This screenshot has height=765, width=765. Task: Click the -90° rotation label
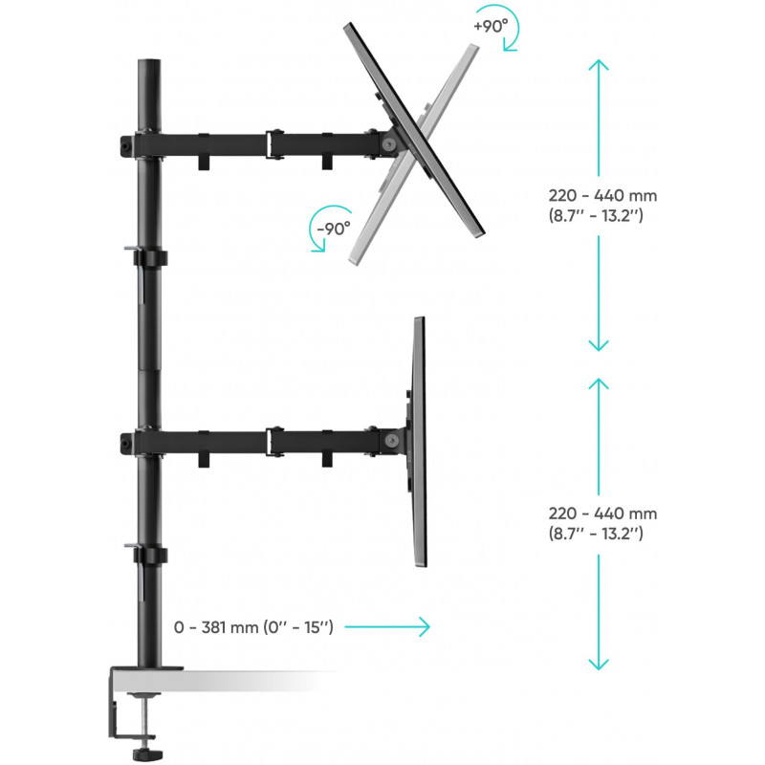click(334, 229)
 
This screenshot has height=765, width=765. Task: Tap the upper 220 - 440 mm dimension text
click(598, 206)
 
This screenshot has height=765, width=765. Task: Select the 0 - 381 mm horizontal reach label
click(253, 627)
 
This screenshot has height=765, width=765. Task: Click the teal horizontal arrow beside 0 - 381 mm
click(386, 627)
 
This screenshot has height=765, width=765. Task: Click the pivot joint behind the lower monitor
click(392, 442)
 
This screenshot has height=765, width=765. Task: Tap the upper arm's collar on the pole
click(143, 143)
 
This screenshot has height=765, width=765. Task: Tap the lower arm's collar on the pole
click(143, 442)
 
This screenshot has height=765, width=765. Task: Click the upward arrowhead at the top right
click(598, 64)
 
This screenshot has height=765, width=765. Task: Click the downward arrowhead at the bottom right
click(598, 664)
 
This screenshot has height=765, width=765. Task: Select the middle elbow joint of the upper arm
click(276, 143)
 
